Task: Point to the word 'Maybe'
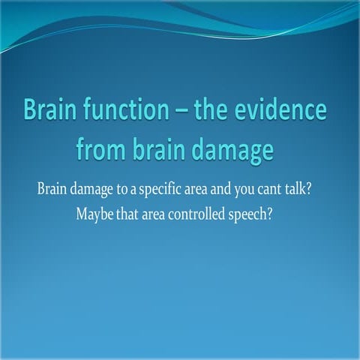click(94, 213)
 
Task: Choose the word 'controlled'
click(204, 212)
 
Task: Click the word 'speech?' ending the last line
click(259, 214)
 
